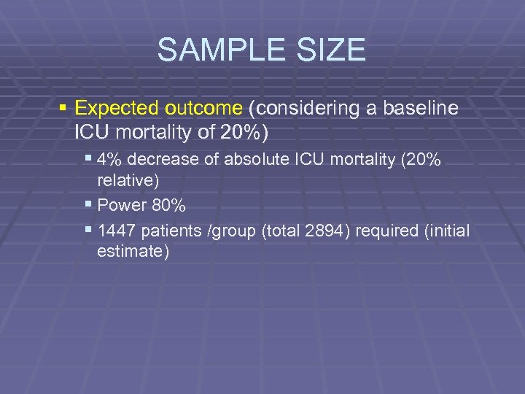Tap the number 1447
click(x=116, y=232)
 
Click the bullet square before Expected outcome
click(x=63, y=109)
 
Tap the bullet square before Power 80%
click(x=88, y=205)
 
